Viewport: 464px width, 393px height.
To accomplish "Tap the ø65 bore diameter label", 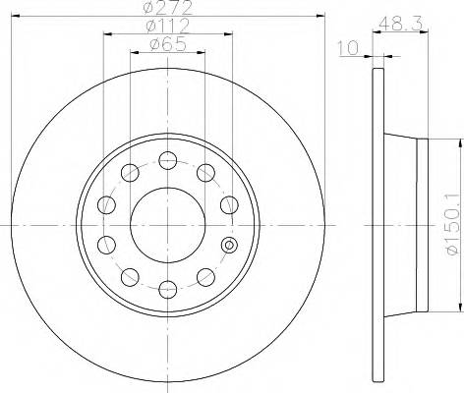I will (x=168, y=43).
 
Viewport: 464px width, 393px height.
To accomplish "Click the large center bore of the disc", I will (x=168, y=224).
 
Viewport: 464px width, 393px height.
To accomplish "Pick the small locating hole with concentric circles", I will (x=230, y=245).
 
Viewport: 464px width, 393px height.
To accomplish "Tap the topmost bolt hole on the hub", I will (x=168, y=160).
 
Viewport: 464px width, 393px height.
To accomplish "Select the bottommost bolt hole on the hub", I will (x=168, y=288).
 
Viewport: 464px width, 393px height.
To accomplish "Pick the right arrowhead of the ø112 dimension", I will (x=231, y=33).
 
